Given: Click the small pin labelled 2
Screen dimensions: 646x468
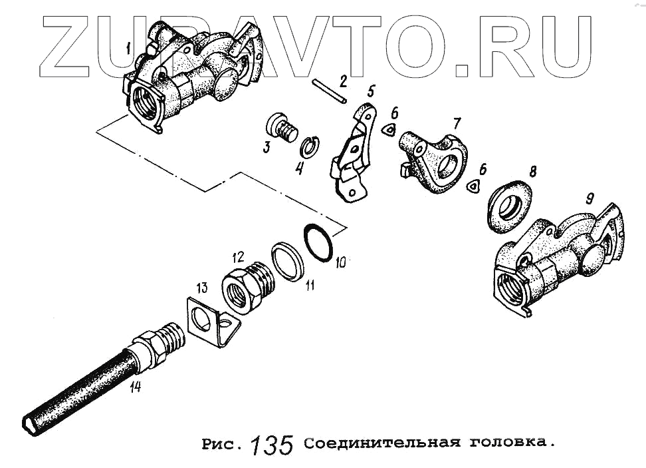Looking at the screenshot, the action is point(329,92).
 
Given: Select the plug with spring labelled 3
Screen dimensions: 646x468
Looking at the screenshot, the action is point(281,127).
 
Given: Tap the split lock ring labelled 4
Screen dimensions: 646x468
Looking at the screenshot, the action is point(310,146).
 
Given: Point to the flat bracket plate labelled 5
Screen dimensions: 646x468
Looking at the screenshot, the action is point(353,152).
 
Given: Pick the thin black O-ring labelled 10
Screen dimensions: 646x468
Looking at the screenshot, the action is point(318,242).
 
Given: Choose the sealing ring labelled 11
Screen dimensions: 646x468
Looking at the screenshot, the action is point(288,262).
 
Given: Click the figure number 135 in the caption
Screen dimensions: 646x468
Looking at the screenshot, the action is point(272,445).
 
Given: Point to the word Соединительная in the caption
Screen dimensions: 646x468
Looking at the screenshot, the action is point(382,443).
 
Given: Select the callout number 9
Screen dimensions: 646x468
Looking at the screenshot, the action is point(590,199).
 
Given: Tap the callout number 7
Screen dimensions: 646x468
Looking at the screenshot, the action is point(456,123).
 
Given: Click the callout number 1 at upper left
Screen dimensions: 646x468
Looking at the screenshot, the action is point(129,49).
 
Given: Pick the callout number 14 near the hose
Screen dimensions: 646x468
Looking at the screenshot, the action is point(135,387).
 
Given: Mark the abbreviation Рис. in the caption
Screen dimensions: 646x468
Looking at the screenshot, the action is point(221,443).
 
